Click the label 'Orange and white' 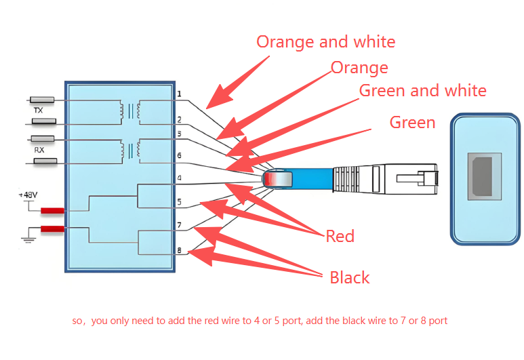point(326,42)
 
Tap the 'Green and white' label point(423,91)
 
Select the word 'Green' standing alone point(412,122)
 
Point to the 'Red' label point(340,236)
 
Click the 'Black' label point(350,277)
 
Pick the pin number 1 point(180,94)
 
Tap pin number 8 point(180,250)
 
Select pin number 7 point(180,225)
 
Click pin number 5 point(180,202)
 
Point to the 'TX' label point(39,111)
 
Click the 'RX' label point(39,150)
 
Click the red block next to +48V point(52,211)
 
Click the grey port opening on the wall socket point(482,176)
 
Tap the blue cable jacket point(313,179)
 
